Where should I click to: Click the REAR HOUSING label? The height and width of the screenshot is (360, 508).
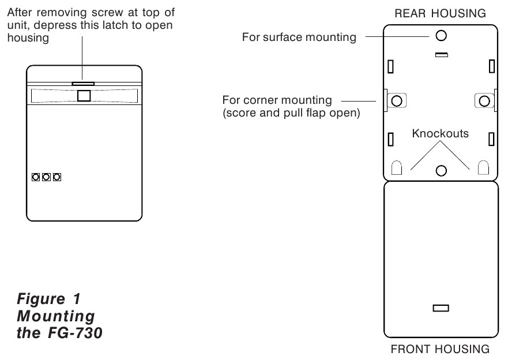[x=441, y=13]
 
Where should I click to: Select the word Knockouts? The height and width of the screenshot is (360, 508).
[x=441, y=133]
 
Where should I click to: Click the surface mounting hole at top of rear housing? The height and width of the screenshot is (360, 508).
[x=441, y=36]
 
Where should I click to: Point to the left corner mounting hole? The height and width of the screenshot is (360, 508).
[x=396, y=101]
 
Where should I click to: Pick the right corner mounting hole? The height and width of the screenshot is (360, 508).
[x=485, y=101]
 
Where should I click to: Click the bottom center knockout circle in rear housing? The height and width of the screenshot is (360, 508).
[x=441, y=170]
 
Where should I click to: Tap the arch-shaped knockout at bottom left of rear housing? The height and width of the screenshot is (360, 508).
[x=397, y=168]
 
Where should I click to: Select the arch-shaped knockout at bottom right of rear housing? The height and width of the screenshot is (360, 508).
[x=484, y=168]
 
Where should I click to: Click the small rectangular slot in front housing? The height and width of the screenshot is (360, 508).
[x=441, y=309]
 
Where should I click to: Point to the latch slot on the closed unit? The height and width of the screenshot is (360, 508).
[x=83, y=83]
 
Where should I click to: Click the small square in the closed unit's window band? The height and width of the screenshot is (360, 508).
[x=84, y=96]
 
